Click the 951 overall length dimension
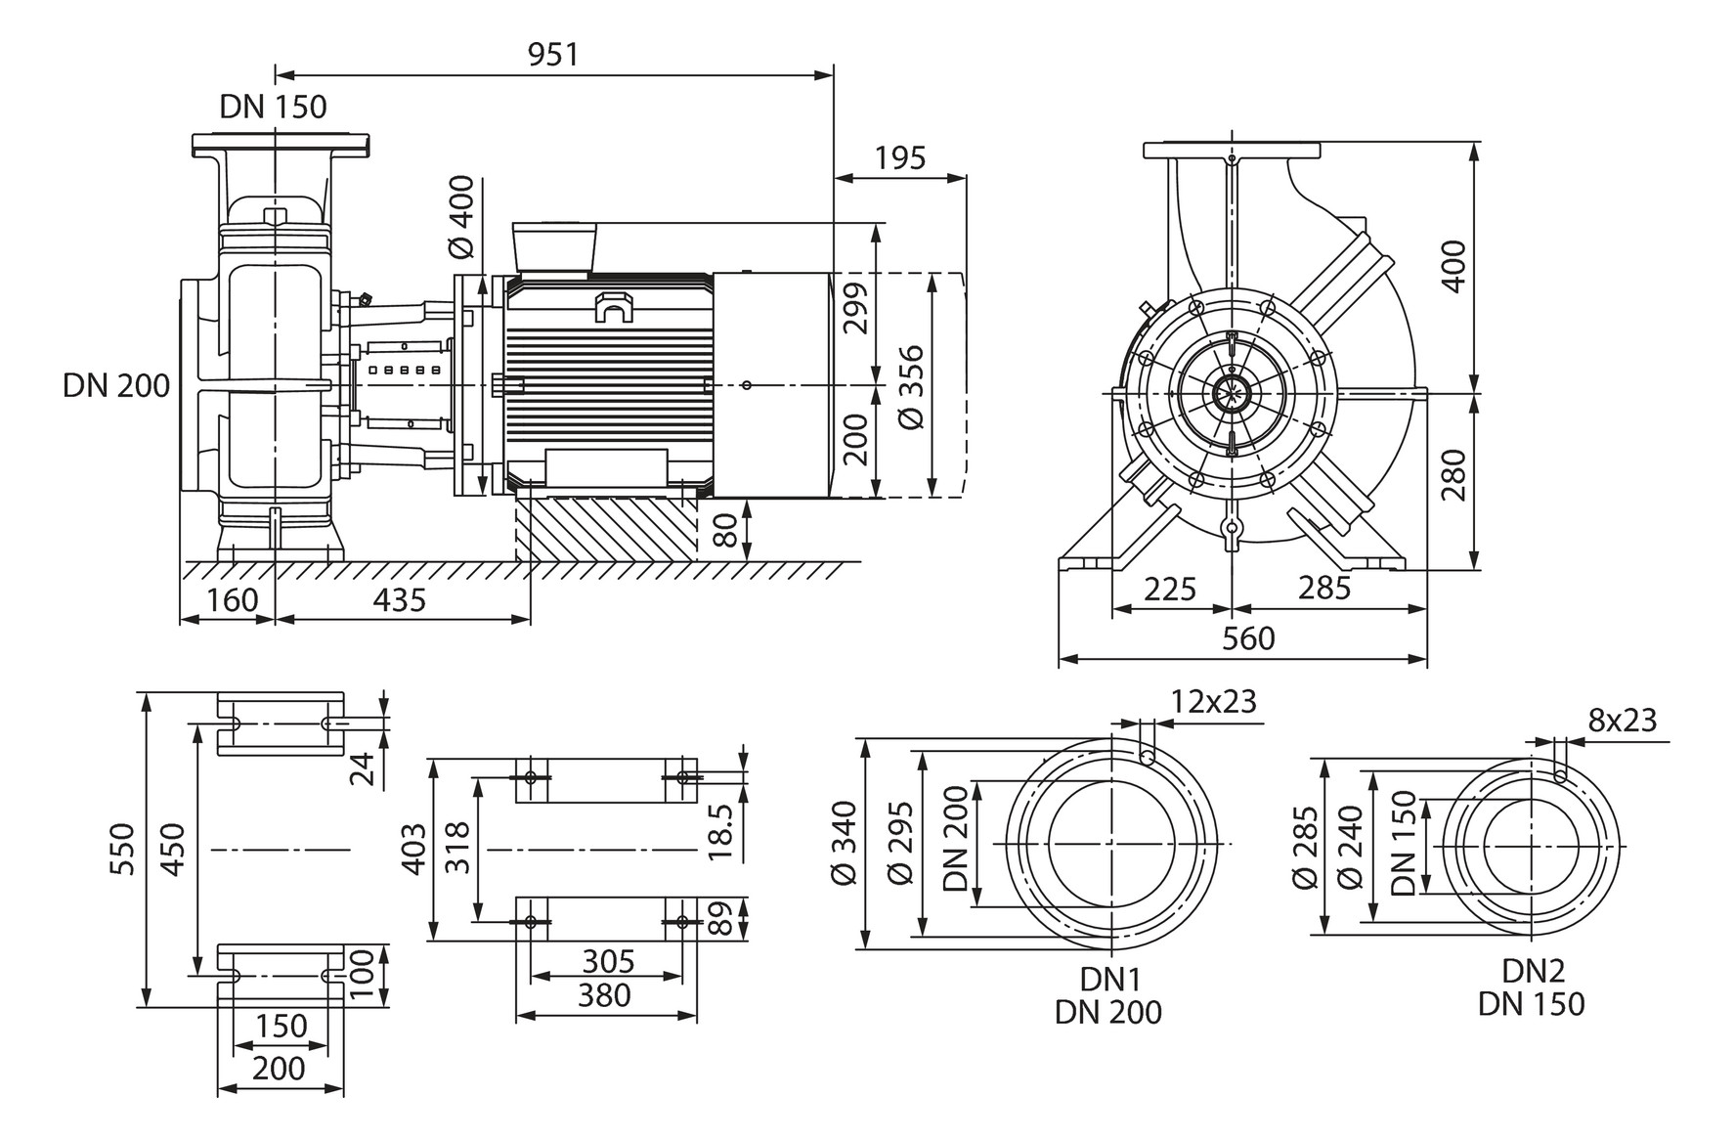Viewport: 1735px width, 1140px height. tap(553, 55)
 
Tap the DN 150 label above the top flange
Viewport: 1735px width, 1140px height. tap(273, 107)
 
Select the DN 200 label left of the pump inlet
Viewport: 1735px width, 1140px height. tap(116, 386)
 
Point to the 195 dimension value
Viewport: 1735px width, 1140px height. tap(899, 158)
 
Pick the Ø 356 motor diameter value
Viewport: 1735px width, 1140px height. tap(911, 386)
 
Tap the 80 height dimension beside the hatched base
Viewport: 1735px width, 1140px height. tap(723, 530)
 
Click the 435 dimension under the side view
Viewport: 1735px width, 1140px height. tap(400, 599)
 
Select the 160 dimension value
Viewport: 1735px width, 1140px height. tap(233, 599)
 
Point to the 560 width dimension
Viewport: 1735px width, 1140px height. tap(1248, 638)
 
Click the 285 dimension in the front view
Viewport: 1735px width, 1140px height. tap(1323, 589)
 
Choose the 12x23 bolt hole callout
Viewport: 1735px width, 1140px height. tap(1213, 702)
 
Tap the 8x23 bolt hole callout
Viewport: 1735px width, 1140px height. tap(1623, 721)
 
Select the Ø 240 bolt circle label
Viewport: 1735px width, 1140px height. tap(1352, 847)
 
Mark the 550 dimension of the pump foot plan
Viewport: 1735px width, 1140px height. tap(122, 849)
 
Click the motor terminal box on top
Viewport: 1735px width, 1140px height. tap(554, 247)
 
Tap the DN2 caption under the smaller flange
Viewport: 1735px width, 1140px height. tap(1533, 971)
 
